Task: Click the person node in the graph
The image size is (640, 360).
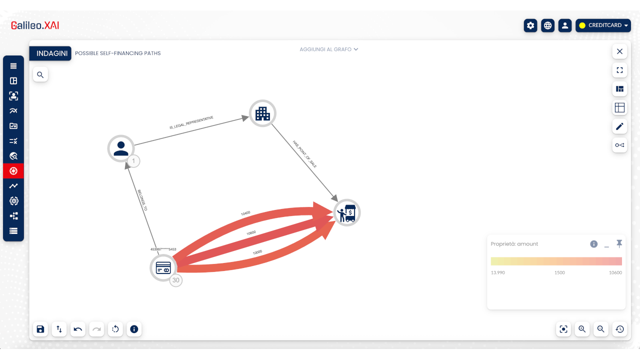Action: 121,148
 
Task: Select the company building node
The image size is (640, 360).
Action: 262,113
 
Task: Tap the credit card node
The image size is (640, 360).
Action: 163,268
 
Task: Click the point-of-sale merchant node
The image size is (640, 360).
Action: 347,213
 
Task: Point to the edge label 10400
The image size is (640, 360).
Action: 245,213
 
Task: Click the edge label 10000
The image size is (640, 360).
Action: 257,252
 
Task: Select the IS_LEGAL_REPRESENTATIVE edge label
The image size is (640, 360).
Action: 191,122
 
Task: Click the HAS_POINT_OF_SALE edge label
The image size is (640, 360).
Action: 304,154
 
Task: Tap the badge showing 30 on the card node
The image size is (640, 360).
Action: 175,280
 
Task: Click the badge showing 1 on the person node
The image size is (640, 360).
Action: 133,161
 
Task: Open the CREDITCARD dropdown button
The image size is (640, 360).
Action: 603,25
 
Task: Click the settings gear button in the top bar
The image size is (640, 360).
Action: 530,25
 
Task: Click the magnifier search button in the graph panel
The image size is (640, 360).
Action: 40,75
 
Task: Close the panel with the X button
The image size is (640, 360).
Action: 619,51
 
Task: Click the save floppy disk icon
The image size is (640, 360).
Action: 40,329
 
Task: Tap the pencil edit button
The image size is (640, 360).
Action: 619,126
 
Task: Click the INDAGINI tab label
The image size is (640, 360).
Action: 51,53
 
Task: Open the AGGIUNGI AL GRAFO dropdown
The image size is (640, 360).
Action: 329,49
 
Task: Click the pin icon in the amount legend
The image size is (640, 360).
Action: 619,243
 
